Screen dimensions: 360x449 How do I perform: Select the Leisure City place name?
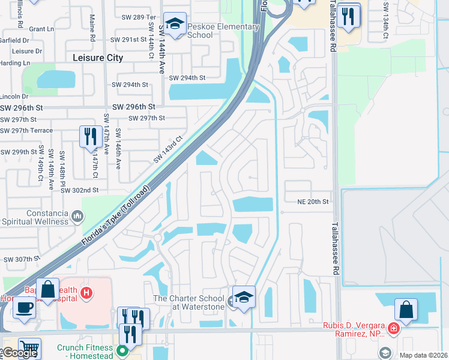click(97, 58)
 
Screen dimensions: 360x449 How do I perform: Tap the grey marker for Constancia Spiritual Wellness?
click(77, 215)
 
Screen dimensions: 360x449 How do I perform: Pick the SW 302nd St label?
click(79, 190)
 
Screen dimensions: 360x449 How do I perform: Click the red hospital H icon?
click(86, 293)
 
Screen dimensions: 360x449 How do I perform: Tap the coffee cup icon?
click(24, 307)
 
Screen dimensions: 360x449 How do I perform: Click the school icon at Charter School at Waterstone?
click(244, 298)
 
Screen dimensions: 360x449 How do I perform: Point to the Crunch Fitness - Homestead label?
click(85, 351)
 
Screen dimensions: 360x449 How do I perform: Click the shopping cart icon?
click(29, 349)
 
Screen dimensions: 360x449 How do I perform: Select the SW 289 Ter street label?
click(137, 17)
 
